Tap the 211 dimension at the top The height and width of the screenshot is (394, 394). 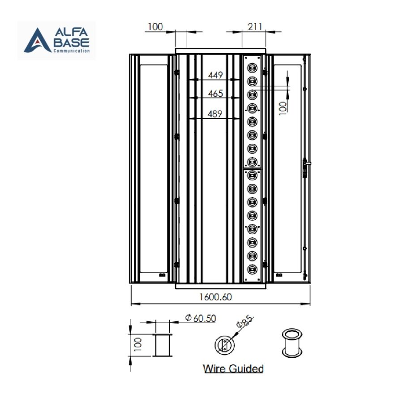(x=255, y=27)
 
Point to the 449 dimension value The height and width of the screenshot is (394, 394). (x=215, y=76)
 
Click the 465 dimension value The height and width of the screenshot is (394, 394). (x=215, y=94)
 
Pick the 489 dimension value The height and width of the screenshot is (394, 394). (x=215, y=114)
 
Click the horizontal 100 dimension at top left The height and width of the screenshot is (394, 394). (x=155, y=27)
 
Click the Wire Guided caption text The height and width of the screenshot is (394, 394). (x=233, y=368)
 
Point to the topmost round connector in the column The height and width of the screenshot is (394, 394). (x=252, y=68)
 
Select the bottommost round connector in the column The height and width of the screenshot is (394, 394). (x=252, y=269)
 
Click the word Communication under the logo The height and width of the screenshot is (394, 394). (x=74, y=51)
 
